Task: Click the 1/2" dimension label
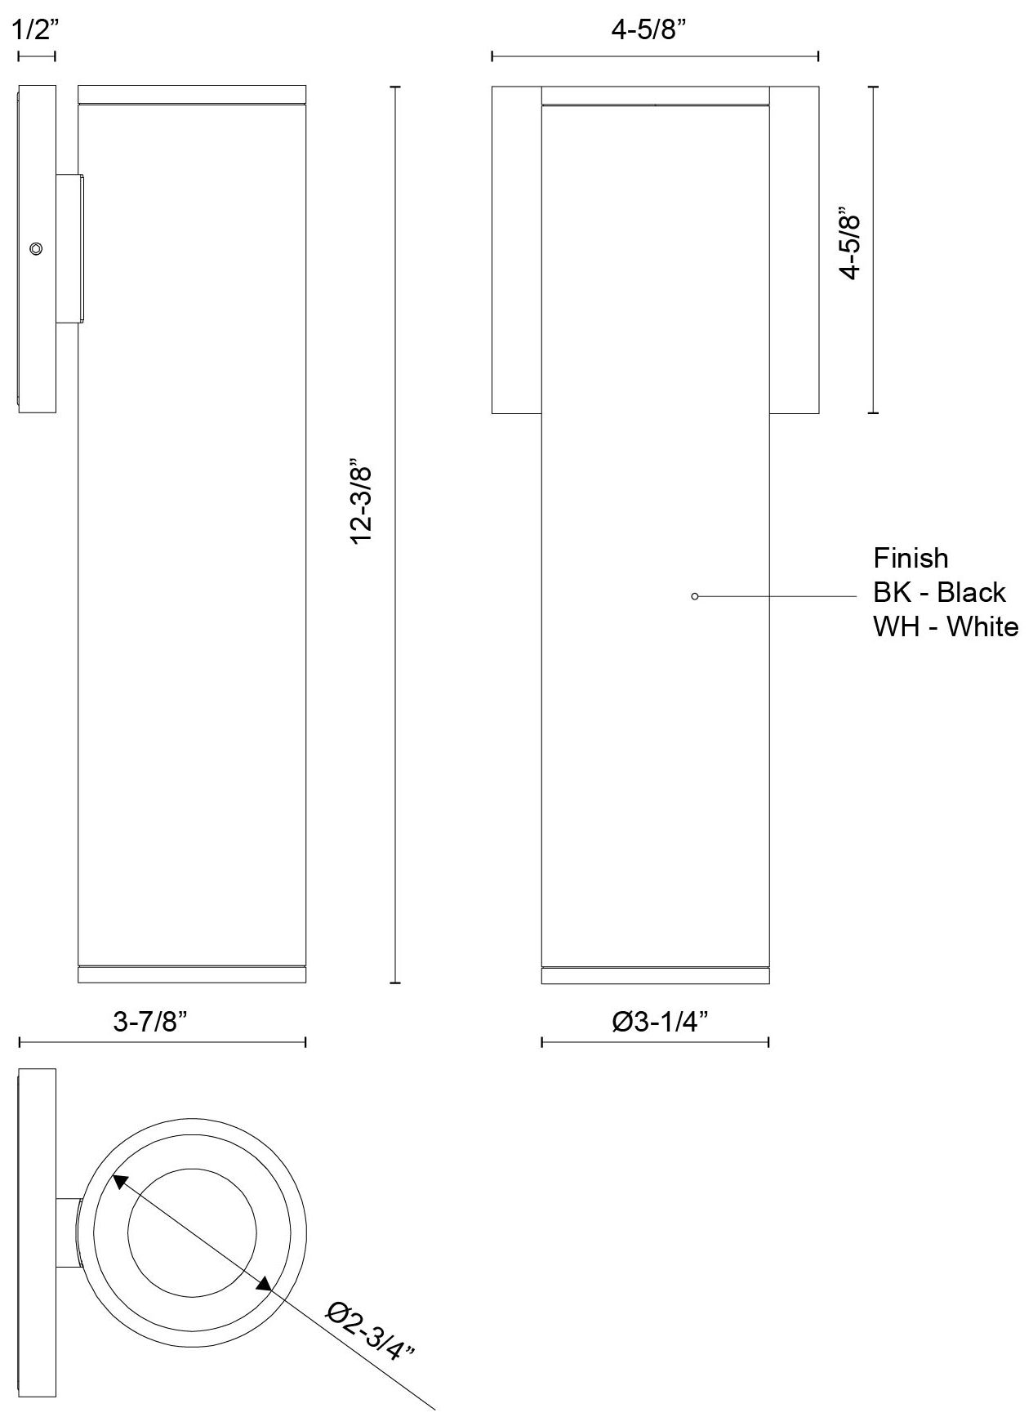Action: pyautogui.click(x=37, y=31)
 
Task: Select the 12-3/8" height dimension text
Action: pyautogui.click(x=361, y=504)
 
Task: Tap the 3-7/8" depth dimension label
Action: pyautogui.click(x=156, y=1021)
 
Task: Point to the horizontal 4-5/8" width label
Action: pyautogui.click(x=648, y=31)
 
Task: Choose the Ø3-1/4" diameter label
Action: pyautogui.click(x=660, y=1021)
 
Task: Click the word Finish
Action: pyautogui.click(x=911, y=559)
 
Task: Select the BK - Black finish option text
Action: pyautogui.click(x=939, y=592)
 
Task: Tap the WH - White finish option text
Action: pyautogui.click(x=946, y=626)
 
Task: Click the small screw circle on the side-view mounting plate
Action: pyautogui.click(x=36, y=248)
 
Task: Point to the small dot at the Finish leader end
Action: pyautogui.click(x=694, y=596)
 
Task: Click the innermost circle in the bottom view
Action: pyautogui.click(x=191, y=1233)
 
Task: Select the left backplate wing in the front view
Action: pyautogui.click(x=516, y=250)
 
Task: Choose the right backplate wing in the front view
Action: pyautogui.click(x=794, y=250)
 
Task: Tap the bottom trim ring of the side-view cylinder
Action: pyautogui.click(x=191, y=974)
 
